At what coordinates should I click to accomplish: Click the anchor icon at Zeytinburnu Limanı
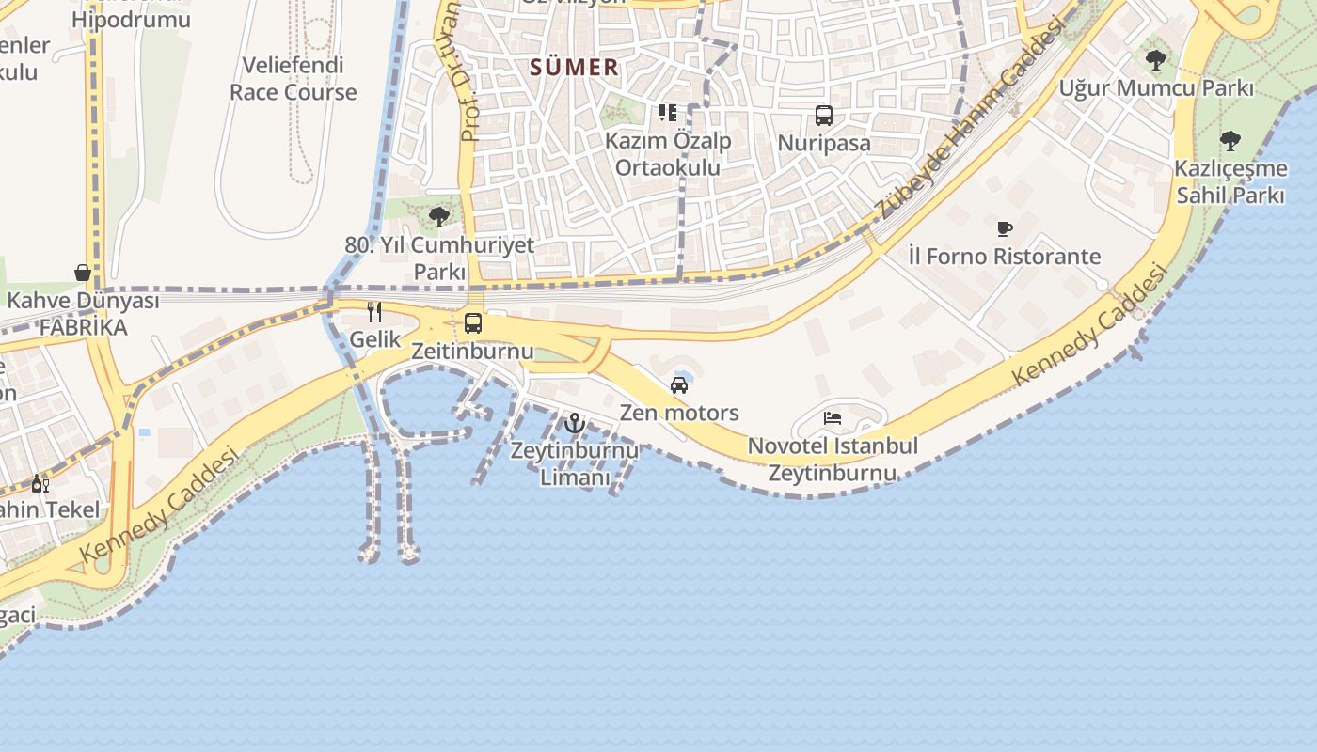pos(575,423)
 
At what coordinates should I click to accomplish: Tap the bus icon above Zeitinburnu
pos(473,323)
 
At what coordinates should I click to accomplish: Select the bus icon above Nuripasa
pos(824,116)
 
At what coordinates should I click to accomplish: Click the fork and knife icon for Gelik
pos(374,312)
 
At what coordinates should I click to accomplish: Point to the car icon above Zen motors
pos(679,384)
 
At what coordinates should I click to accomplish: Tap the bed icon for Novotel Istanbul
pos(833,418)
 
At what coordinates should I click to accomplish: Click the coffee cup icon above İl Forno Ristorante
pos(1005,228)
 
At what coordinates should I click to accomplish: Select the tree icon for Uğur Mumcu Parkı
pos(1156,60)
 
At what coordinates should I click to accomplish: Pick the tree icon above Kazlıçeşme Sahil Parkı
pos(1230,141)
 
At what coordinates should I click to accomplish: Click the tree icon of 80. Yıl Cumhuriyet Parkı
pos(438,217)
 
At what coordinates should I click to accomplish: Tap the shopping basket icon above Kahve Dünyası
pos(83,273)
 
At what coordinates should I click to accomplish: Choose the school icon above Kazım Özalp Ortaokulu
pos(668,113)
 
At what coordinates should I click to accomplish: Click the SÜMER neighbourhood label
pos(574,67)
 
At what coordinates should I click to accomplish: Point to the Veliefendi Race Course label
pos(294,79)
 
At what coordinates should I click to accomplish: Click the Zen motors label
pos(679,413)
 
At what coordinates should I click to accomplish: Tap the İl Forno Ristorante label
pos(1005,256)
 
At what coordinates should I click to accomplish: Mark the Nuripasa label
pos(824,144)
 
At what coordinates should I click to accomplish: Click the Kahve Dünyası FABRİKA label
pos(83,314)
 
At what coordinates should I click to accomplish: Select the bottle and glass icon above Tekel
pos(40,483)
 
